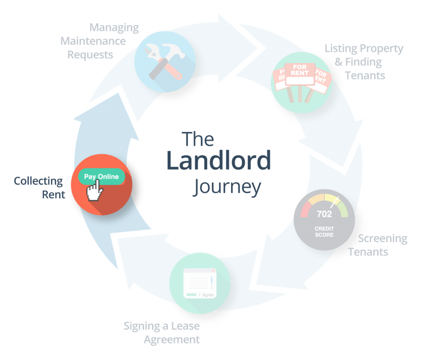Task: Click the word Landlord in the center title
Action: tap(218, 161)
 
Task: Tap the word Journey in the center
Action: tap(227, 187)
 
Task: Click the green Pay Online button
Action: tap(102, 177)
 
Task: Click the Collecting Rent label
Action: tap(39, 187)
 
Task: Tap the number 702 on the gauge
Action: tap(324, 214)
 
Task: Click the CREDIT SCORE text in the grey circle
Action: tap(324, 231)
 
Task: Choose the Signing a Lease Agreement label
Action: tap(162, 333)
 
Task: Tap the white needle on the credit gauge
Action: tap(335, 202)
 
